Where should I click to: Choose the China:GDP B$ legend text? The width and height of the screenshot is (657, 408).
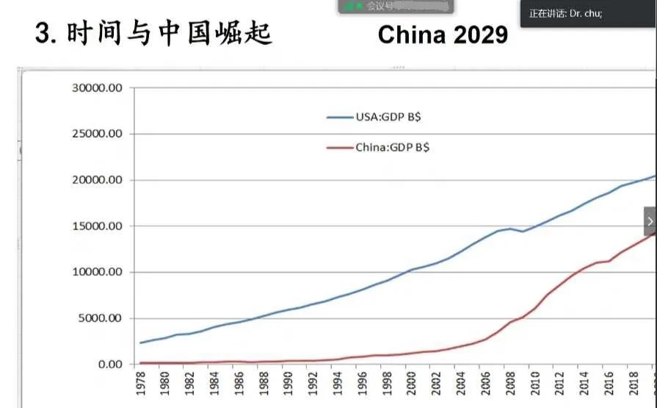(x=393, y=147)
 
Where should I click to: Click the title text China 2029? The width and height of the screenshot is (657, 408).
(x=443, y=34)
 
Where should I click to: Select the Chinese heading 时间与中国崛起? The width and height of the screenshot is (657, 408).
(x=169, y=33)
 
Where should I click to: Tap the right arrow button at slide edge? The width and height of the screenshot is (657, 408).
(x=650, y=221)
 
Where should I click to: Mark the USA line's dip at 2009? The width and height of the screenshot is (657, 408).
(x=523, y=232)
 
